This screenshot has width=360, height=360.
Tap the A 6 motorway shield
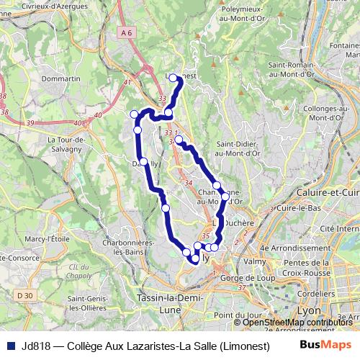tap(127, 33)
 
